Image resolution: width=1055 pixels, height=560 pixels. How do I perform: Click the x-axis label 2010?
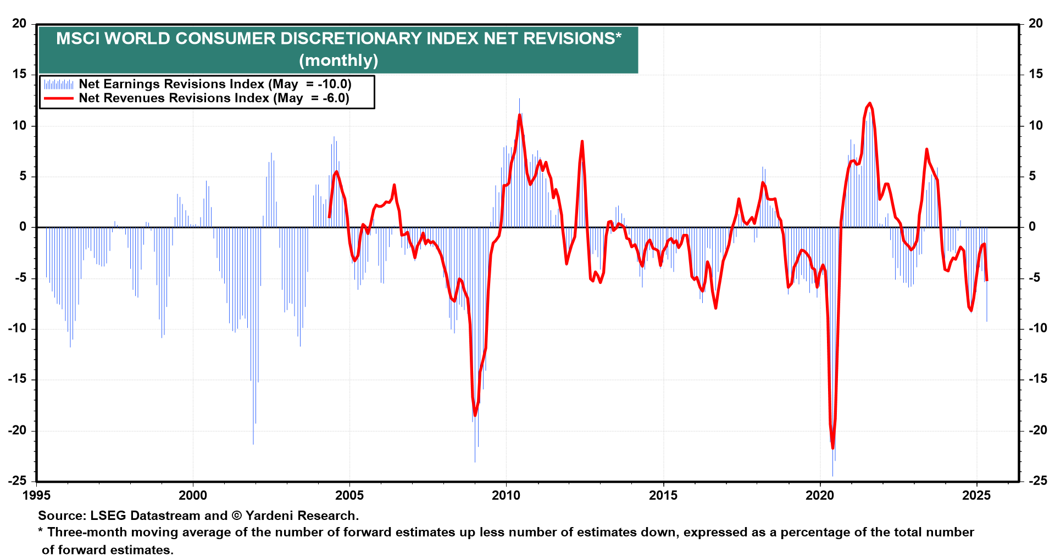506,496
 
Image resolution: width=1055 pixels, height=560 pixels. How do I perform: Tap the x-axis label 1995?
36,496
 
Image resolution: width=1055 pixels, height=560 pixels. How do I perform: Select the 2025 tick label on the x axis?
976,496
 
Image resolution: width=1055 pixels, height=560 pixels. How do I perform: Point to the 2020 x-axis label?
820,496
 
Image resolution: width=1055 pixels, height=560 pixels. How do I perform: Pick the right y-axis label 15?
1035,74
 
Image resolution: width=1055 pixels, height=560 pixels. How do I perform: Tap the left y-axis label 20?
19,24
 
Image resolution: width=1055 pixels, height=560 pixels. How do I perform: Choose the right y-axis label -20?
1037,430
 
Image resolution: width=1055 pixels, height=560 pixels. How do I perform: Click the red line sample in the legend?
59,98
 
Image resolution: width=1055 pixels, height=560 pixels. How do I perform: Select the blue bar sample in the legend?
59,85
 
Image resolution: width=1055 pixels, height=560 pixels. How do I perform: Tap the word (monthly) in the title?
338,60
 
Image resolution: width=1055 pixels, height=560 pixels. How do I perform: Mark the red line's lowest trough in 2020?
832,449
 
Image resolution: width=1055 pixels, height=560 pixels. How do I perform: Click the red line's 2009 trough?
475,415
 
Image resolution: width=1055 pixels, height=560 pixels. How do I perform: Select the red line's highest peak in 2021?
869,103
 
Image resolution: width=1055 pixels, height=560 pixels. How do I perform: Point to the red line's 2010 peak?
519,115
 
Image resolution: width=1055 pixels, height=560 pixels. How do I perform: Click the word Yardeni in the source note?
270,516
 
